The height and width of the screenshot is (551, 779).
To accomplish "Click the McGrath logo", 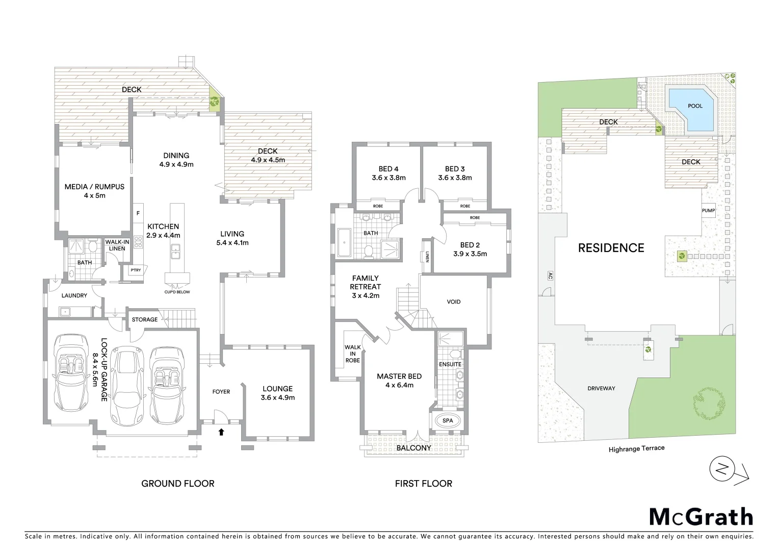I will click(x=700, y=516).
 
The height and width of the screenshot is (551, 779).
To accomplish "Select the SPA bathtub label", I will click(x=447, y=421).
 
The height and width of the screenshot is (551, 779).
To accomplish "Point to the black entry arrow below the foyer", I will click(x=221, y=433).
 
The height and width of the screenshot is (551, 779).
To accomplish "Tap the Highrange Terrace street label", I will click(x=636, y=448).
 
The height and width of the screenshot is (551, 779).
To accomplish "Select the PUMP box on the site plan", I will click(x=708, y=211).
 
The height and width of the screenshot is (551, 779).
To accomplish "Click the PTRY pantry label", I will click(x=136, y=270).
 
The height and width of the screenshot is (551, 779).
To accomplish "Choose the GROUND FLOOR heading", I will click(x=177, y=483).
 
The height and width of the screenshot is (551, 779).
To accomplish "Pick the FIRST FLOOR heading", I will click(x=423, y=483).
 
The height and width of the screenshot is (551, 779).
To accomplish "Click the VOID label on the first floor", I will click(x=453, y=302).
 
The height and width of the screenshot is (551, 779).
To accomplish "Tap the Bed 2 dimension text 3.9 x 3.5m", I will click(x=470, y=254).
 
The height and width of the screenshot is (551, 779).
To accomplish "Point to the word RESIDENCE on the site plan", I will click(x=611, y=248).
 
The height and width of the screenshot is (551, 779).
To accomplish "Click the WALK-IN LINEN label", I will click(x=117, y=245).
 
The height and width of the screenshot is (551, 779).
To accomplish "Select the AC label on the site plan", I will click(x=550, y=275).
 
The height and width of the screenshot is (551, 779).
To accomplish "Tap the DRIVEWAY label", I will click(x=601, y=388).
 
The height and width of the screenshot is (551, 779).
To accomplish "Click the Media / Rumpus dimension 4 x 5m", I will click(x=94, y=195).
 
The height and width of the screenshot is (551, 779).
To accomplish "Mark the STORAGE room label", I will click(x=145, y=319).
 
